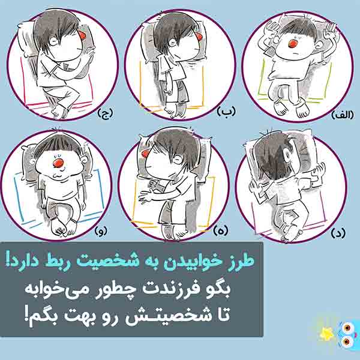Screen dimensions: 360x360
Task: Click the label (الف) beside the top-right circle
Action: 343,115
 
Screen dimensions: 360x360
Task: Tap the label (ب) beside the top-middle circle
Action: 226,112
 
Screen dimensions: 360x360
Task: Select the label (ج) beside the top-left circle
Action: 106,113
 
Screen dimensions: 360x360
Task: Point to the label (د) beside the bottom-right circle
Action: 338,233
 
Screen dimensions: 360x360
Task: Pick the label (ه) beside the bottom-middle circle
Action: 221,231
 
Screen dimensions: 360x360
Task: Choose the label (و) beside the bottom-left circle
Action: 101,230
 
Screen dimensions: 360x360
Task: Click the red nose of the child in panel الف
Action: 293,44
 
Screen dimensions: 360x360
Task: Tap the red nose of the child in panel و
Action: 58,163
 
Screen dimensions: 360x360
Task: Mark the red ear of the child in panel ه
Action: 145,154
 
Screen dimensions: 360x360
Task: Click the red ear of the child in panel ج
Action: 82,35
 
